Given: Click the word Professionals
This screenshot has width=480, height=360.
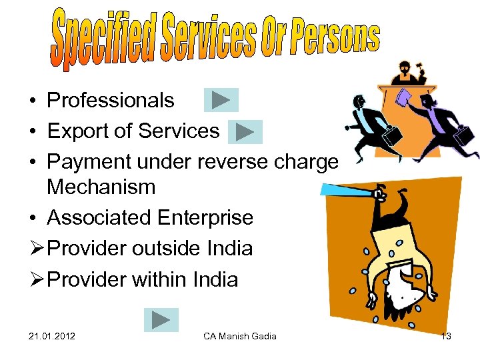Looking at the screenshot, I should [x=110, y=101].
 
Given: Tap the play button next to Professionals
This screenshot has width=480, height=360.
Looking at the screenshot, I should [x=220, y=100].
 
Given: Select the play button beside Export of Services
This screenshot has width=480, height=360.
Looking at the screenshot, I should [x=245, y=131].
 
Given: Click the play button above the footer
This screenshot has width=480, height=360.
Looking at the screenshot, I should [x=161, y=320].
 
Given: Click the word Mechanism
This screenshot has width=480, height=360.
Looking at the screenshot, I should [x=101, y=187].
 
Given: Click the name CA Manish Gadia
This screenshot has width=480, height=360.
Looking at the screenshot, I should [x=240, y=336].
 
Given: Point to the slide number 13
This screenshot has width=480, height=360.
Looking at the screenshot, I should [x=446, y=336].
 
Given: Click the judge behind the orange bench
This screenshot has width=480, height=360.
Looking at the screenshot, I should [x=405, y=70].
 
